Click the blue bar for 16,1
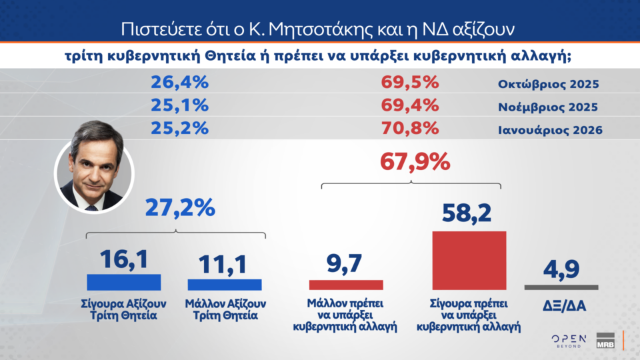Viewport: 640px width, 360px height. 124,282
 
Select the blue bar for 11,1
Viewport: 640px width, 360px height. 224,285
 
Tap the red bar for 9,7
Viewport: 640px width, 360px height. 346,285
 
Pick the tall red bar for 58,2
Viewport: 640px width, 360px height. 469,261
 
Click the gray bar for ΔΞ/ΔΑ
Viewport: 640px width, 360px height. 561,287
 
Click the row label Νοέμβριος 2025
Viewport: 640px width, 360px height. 548,107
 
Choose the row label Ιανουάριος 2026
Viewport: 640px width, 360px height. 550,129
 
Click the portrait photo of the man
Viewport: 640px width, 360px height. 94,176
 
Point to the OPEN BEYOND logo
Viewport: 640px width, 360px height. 569,341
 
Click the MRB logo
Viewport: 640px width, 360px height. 605,340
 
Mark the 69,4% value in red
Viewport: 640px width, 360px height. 409,106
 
